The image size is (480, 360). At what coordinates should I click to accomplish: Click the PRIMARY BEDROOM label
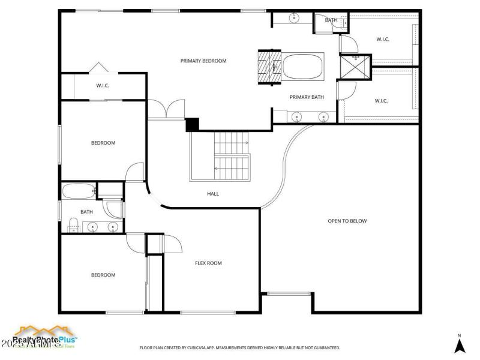pyautogui.click(x=203, y=61)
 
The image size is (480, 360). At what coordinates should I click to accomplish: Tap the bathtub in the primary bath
pyautogui.click(x=303, y=66)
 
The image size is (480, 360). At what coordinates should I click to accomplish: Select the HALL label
pyautogui.click(x=213, y=194)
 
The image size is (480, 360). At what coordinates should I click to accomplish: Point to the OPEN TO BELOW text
pyautogui.click(x=347, y=221)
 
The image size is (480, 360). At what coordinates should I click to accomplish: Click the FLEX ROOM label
pyautogui.click(x=208, y=263)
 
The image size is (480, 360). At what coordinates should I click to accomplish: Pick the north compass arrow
pyautogui.click(x=460, y=345)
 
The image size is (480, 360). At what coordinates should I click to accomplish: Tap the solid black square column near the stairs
pyautogui.click(x=192, y=124)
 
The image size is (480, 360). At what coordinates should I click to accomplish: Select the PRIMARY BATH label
pyautogui.click(x=307, y=97)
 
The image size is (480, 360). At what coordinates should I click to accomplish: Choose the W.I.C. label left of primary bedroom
pyautogui.click(x=103, y=85)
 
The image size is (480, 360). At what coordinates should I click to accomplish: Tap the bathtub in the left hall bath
pyautogui.click(x=79, y=192)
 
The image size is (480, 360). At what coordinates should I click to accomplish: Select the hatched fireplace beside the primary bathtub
pyautogui.click(x=266, y=65)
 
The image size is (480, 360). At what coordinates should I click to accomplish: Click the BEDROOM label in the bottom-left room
pyautogui.click(x=103, y=275)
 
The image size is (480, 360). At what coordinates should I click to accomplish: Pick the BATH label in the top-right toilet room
pyautogui.click(x=331, y=20)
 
